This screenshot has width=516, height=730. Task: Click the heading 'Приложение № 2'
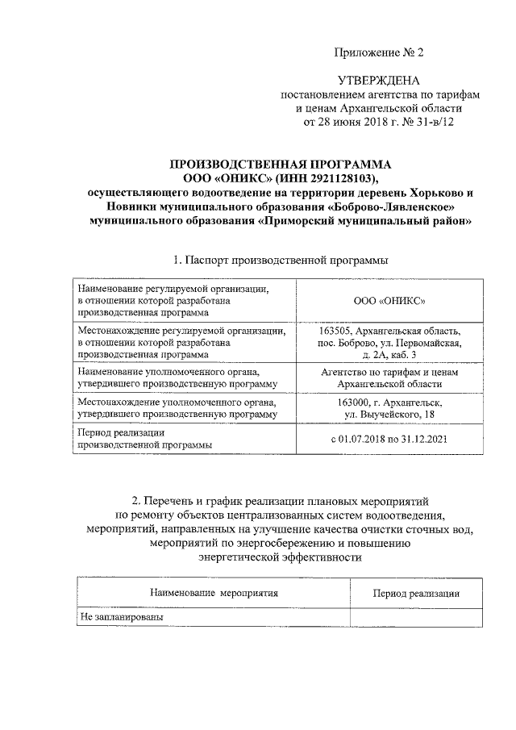coord(378,53)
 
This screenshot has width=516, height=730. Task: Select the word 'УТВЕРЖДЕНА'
coord(378,81)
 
